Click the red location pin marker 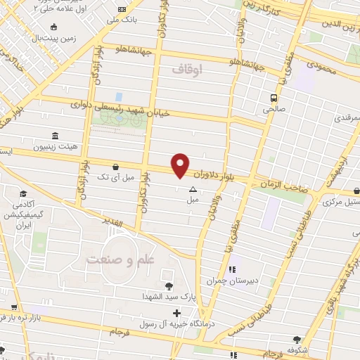click(181, 165)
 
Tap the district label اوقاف click(187, 69)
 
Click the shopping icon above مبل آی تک click(115, 167)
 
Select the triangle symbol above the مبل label click(193, 189)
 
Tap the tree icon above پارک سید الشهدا click(168, 285)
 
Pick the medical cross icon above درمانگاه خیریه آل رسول click(176, 312)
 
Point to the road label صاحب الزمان click(277, 181)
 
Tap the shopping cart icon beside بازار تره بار click(14, 307)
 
